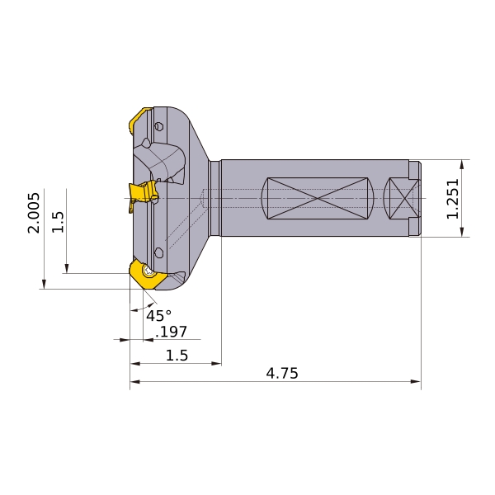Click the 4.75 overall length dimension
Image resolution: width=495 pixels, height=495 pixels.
[281, 374]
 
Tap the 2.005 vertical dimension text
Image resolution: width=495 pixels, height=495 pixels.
[34, 213]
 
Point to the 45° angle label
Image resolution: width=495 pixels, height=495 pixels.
[158, 316]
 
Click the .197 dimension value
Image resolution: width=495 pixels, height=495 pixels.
[172, 332]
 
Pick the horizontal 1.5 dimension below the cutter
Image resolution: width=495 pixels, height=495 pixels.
[177, 356]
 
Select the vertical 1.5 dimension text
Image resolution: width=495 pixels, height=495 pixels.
[58, 221]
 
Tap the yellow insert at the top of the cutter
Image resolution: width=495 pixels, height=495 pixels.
[138, 121]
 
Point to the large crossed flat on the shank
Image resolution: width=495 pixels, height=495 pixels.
[318, 198]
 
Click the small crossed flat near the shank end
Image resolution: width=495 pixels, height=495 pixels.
[403, 198]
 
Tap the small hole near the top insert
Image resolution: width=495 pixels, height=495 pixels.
[159, 125]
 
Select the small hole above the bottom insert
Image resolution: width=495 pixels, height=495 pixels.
[158, 252]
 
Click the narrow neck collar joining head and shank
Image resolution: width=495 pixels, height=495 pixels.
[214, 198]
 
